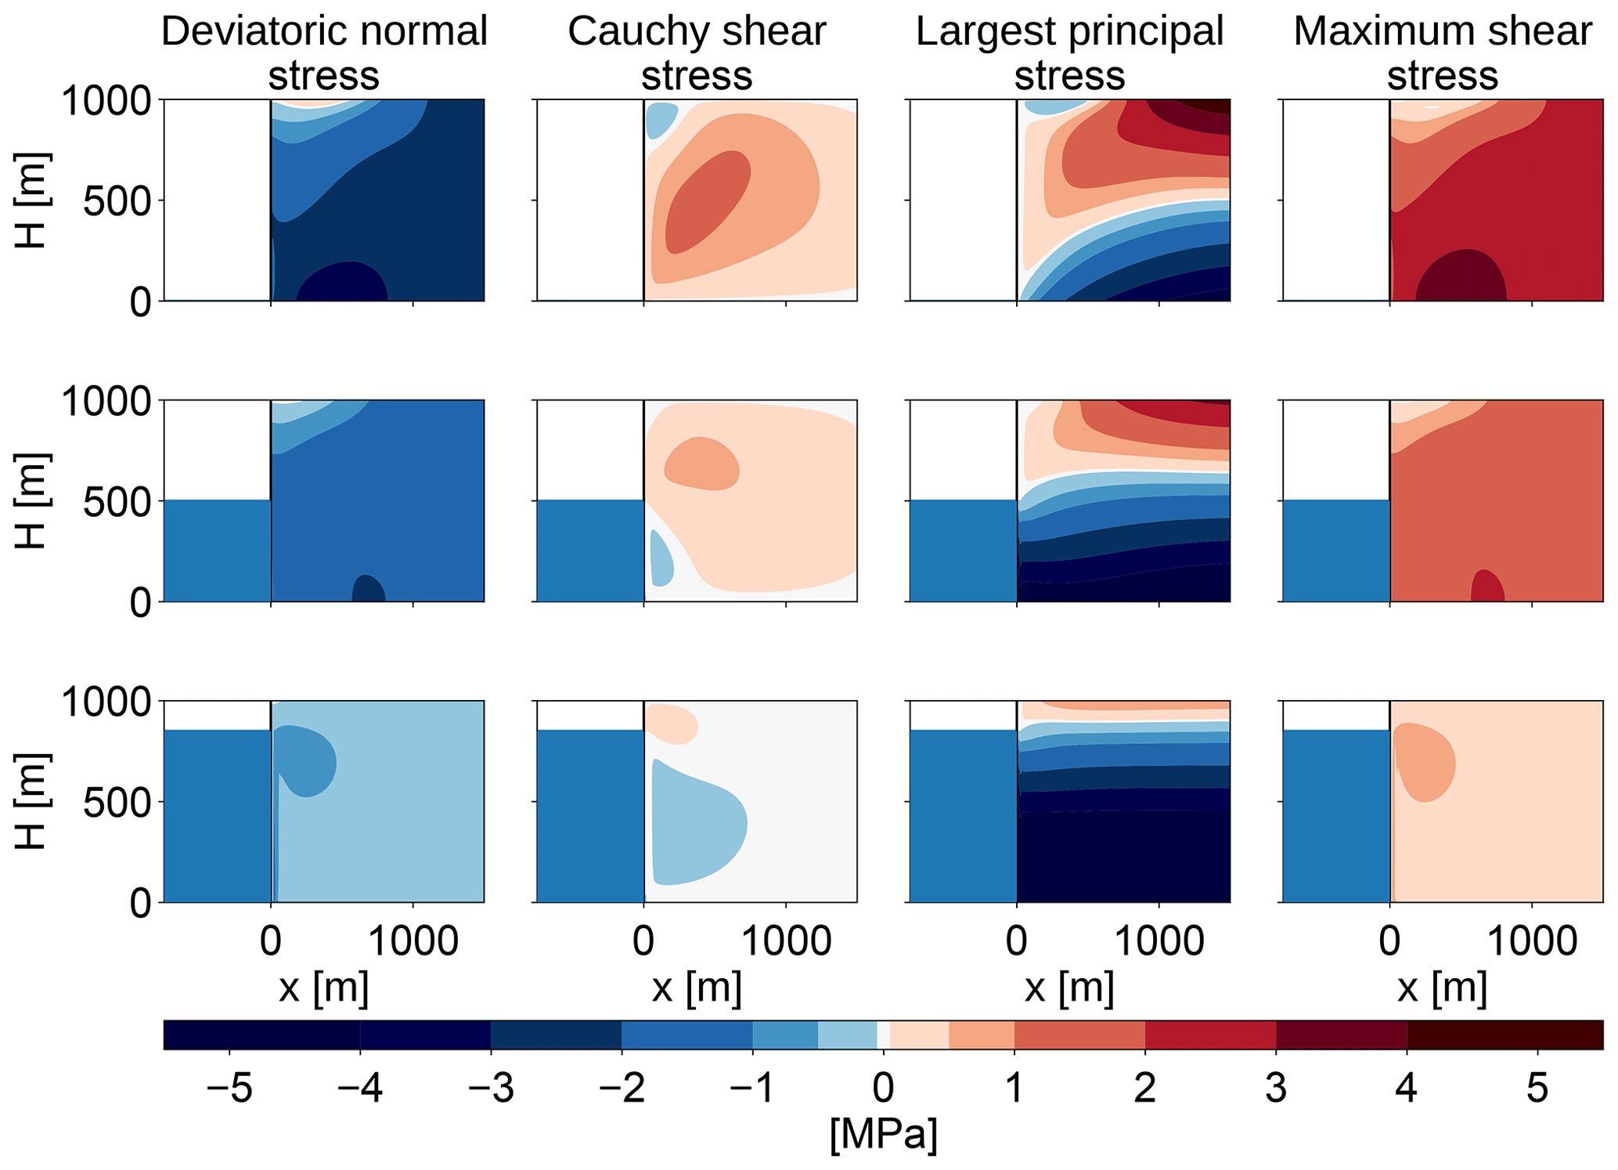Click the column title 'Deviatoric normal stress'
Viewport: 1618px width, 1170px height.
[324, 53]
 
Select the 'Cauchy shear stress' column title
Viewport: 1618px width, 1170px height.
[697, 53]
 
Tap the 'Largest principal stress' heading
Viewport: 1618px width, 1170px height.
[1069, 53]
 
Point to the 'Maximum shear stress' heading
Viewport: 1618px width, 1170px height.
[1442, 53]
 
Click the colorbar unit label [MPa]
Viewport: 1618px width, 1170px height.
[883, 1133]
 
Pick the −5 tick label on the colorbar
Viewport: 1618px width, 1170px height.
[230, 1089]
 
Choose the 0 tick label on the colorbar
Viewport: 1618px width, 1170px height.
[883, 1089]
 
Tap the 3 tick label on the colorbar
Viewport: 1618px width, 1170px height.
[1276, 1089]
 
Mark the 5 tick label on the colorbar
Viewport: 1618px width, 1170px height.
[1537, 1089]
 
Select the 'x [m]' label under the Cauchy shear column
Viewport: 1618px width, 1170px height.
[697, 988]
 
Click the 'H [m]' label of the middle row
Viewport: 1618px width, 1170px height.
[32, 501]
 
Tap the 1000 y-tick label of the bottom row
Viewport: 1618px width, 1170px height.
[106, 702]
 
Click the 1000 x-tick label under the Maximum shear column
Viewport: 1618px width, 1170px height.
[1532, 941]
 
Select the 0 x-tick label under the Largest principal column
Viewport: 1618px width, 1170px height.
[1016, 941]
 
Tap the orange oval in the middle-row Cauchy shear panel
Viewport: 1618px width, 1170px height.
[702, 464]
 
